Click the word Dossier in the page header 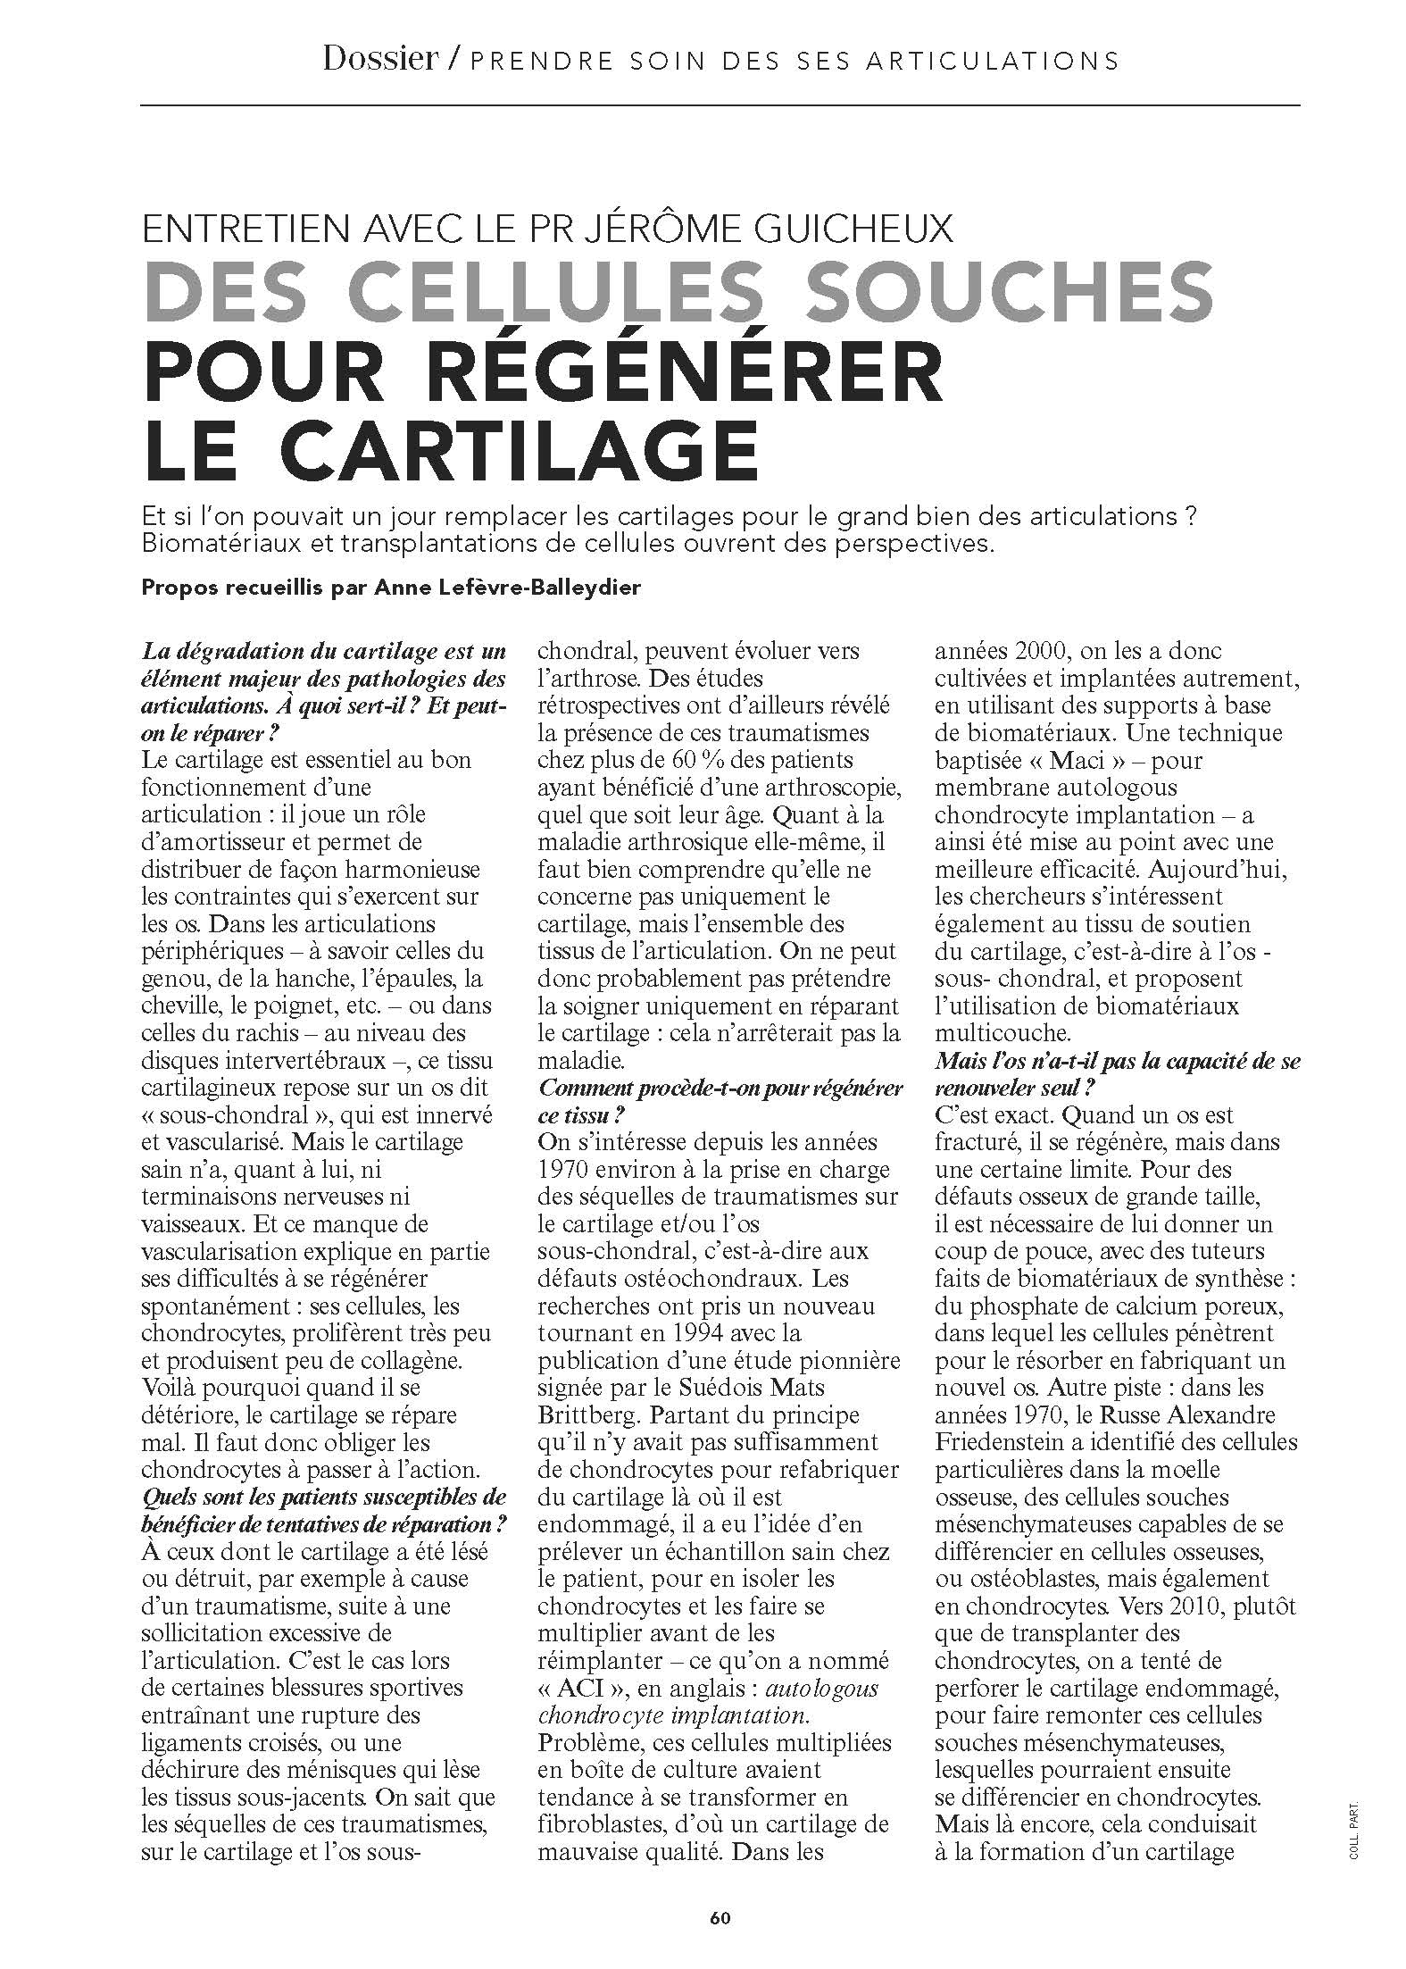coord(381,59)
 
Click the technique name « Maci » coord(1071,761)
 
